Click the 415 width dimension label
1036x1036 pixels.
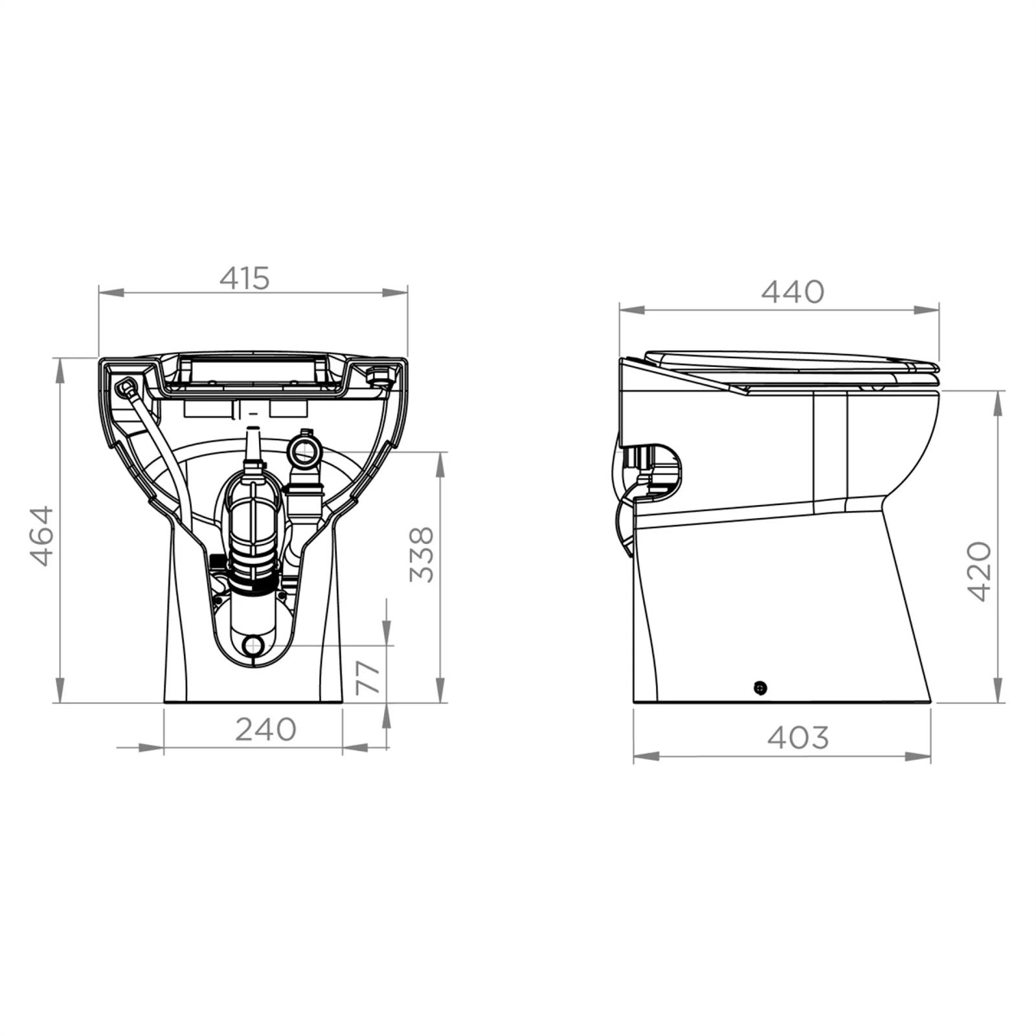(x=244, y=278)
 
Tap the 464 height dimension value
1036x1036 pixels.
(x=42, y=536)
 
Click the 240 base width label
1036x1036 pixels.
(x=265, y=729)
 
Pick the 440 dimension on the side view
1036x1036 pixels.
(x=793, y=291)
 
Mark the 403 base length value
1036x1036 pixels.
(x=798, y=737)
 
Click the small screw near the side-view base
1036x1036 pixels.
(x=760, y=688)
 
